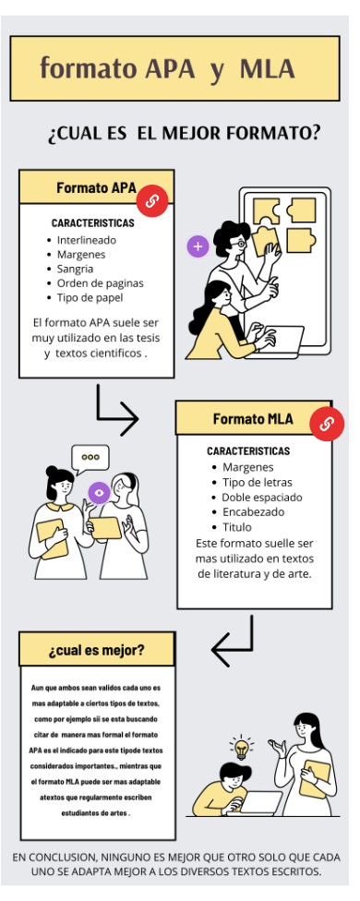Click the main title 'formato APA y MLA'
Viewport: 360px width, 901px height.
(167, 68)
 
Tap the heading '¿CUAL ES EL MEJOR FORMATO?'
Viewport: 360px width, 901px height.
(184, 134)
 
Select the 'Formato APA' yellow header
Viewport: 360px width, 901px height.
(96, 187)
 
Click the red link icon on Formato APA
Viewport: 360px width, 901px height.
(152, 201)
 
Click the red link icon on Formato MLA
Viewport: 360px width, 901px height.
(326, 424)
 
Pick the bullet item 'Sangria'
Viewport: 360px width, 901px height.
(75, 269)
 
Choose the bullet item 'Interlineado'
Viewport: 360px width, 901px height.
(87, 240)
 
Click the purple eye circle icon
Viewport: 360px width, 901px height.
(99, 493)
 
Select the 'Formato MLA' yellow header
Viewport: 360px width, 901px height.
(252, 418)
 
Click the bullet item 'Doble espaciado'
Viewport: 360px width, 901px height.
(261, 497)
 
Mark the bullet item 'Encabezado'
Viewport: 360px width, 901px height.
(253, 511)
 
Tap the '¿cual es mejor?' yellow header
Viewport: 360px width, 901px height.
(96, 649)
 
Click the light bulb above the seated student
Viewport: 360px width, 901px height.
(242, 747)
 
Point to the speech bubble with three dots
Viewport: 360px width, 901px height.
(90, 457)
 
